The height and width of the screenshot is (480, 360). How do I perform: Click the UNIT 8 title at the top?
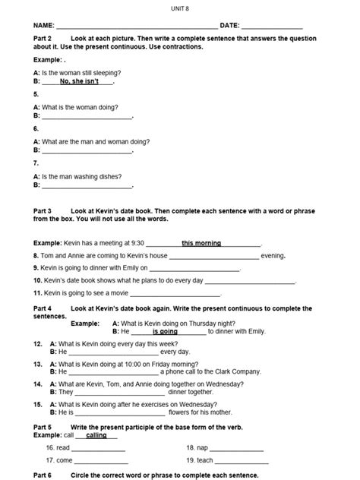[x=179, y=7]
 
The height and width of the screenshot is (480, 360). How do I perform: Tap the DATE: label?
[x=229, y=25]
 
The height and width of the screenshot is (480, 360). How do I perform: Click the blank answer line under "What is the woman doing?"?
[x=87, y=117]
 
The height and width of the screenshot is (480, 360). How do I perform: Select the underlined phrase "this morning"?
[x=201, y=244]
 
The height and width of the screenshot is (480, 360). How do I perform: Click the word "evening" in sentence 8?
[x=272, y=256]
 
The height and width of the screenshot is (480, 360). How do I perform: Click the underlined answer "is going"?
[x=165, y=332]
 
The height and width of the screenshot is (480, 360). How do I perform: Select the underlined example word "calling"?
[x=96, y=435]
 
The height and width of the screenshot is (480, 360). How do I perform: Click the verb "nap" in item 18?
[x=203, y=448]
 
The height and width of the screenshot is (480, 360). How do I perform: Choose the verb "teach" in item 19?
[x=205, y=460]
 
